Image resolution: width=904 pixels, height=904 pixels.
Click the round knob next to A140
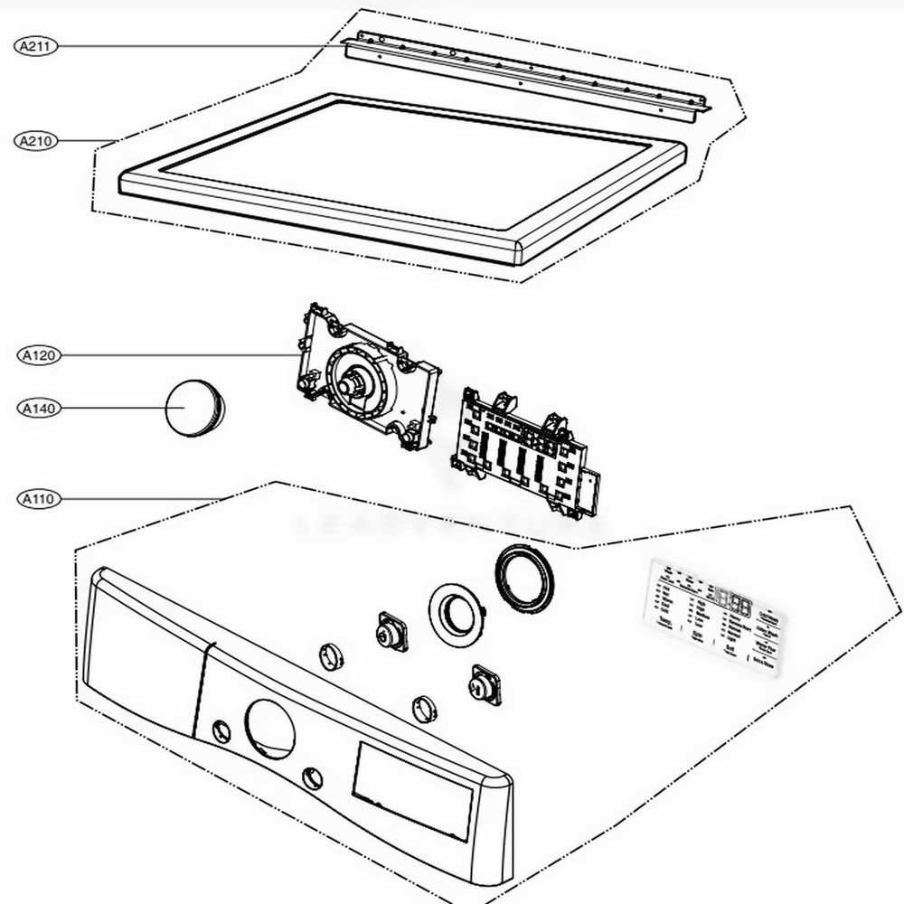(193, 410)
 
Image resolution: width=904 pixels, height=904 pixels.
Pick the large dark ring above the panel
(523, 579)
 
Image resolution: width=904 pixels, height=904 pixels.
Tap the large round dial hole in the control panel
(268, 729)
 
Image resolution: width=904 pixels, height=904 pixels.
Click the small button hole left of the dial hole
(220, 730)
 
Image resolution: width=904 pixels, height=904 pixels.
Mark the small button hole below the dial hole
(312, 778)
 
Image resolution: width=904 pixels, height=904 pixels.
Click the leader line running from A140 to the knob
(113, 409)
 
